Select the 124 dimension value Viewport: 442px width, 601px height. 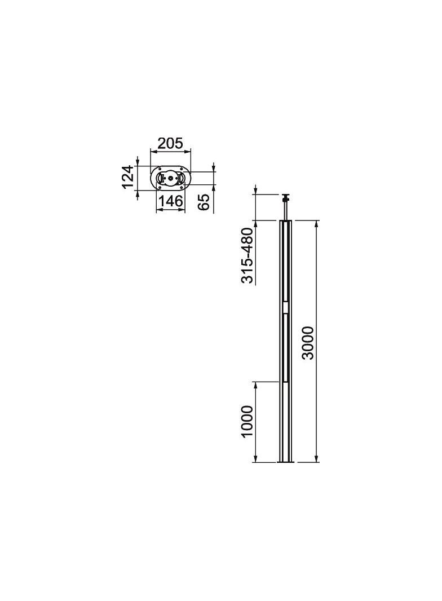coord(128,176)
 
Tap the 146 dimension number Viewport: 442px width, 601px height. coord(171,201)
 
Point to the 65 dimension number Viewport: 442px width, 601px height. coord(205,202)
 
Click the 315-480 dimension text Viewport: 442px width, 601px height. coord(247,255)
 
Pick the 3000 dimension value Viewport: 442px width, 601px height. coord(308,343)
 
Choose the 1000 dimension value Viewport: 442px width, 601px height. coord(247,421)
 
